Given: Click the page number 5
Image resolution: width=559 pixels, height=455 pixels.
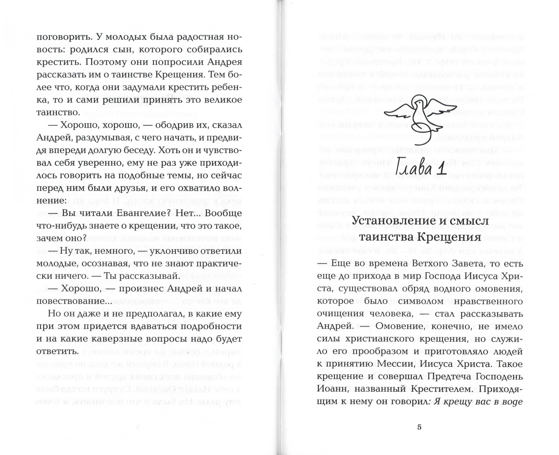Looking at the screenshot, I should click(x=419, y=427).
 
